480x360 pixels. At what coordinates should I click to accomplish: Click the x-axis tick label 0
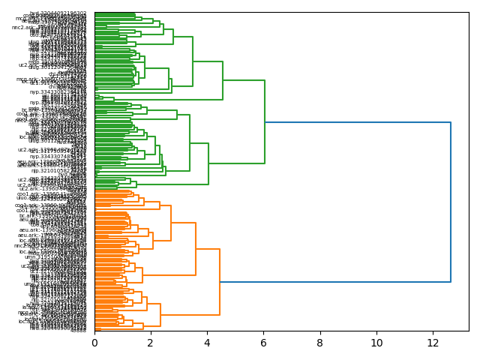click(x=94, y=343)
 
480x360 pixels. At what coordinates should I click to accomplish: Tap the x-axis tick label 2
click(x=151, y=343)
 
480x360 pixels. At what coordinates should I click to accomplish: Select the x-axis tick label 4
click(x=207, y=343)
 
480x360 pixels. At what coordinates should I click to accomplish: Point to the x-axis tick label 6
click(x=263, y=343)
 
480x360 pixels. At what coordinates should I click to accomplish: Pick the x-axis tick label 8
click(x=320, y=343)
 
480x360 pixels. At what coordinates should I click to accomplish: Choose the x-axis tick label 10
click(x=376, y=343)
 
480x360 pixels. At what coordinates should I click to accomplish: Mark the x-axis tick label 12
click(x=433, y=343)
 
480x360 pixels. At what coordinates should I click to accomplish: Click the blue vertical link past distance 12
click(x=451, y=202)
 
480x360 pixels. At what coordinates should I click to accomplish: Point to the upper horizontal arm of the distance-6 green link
click(x=244, y=80)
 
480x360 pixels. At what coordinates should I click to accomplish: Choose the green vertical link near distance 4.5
click(x=223, y=80)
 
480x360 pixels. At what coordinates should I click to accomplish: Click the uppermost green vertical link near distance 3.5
click(x=193, y=61)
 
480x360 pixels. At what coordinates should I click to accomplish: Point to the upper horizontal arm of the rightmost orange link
click(x=208, y=249)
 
